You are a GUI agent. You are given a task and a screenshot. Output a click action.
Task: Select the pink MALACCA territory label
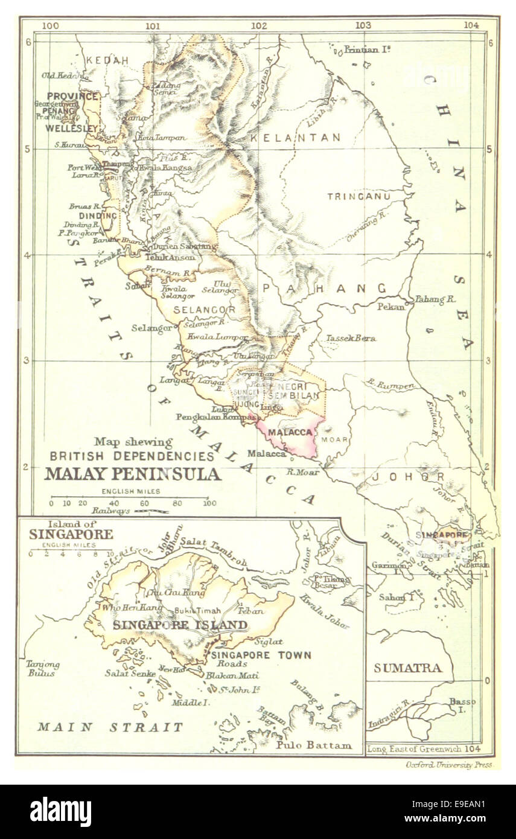[x=290, y=433]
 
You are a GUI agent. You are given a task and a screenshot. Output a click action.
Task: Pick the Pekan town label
[x=390, y=307]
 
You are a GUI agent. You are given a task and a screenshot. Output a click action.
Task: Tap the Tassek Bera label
[x=351, y=338]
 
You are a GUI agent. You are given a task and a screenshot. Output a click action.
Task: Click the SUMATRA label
[x=408, y=668]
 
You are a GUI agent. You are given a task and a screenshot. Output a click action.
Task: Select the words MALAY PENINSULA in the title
[x=133, y=474]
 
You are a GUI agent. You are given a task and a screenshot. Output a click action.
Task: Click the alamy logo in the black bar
[x=61, y=811]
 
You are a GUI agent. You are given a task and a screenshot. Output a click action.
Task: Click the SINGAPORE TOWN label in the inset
[x=261, y=655]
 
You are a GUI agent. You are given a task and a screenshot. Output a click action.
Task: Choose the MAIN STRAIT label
[x=110, y=727]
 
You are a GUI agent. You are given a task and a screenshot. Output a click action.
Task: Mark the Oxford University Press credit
[x=447, y=764]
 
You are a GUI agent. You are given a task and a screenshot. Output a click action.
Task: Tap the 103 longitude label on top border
[x=363, y=25]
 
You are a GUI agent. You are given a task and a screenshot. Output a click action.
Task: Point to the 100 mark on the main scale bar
[x=209, y=502]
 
